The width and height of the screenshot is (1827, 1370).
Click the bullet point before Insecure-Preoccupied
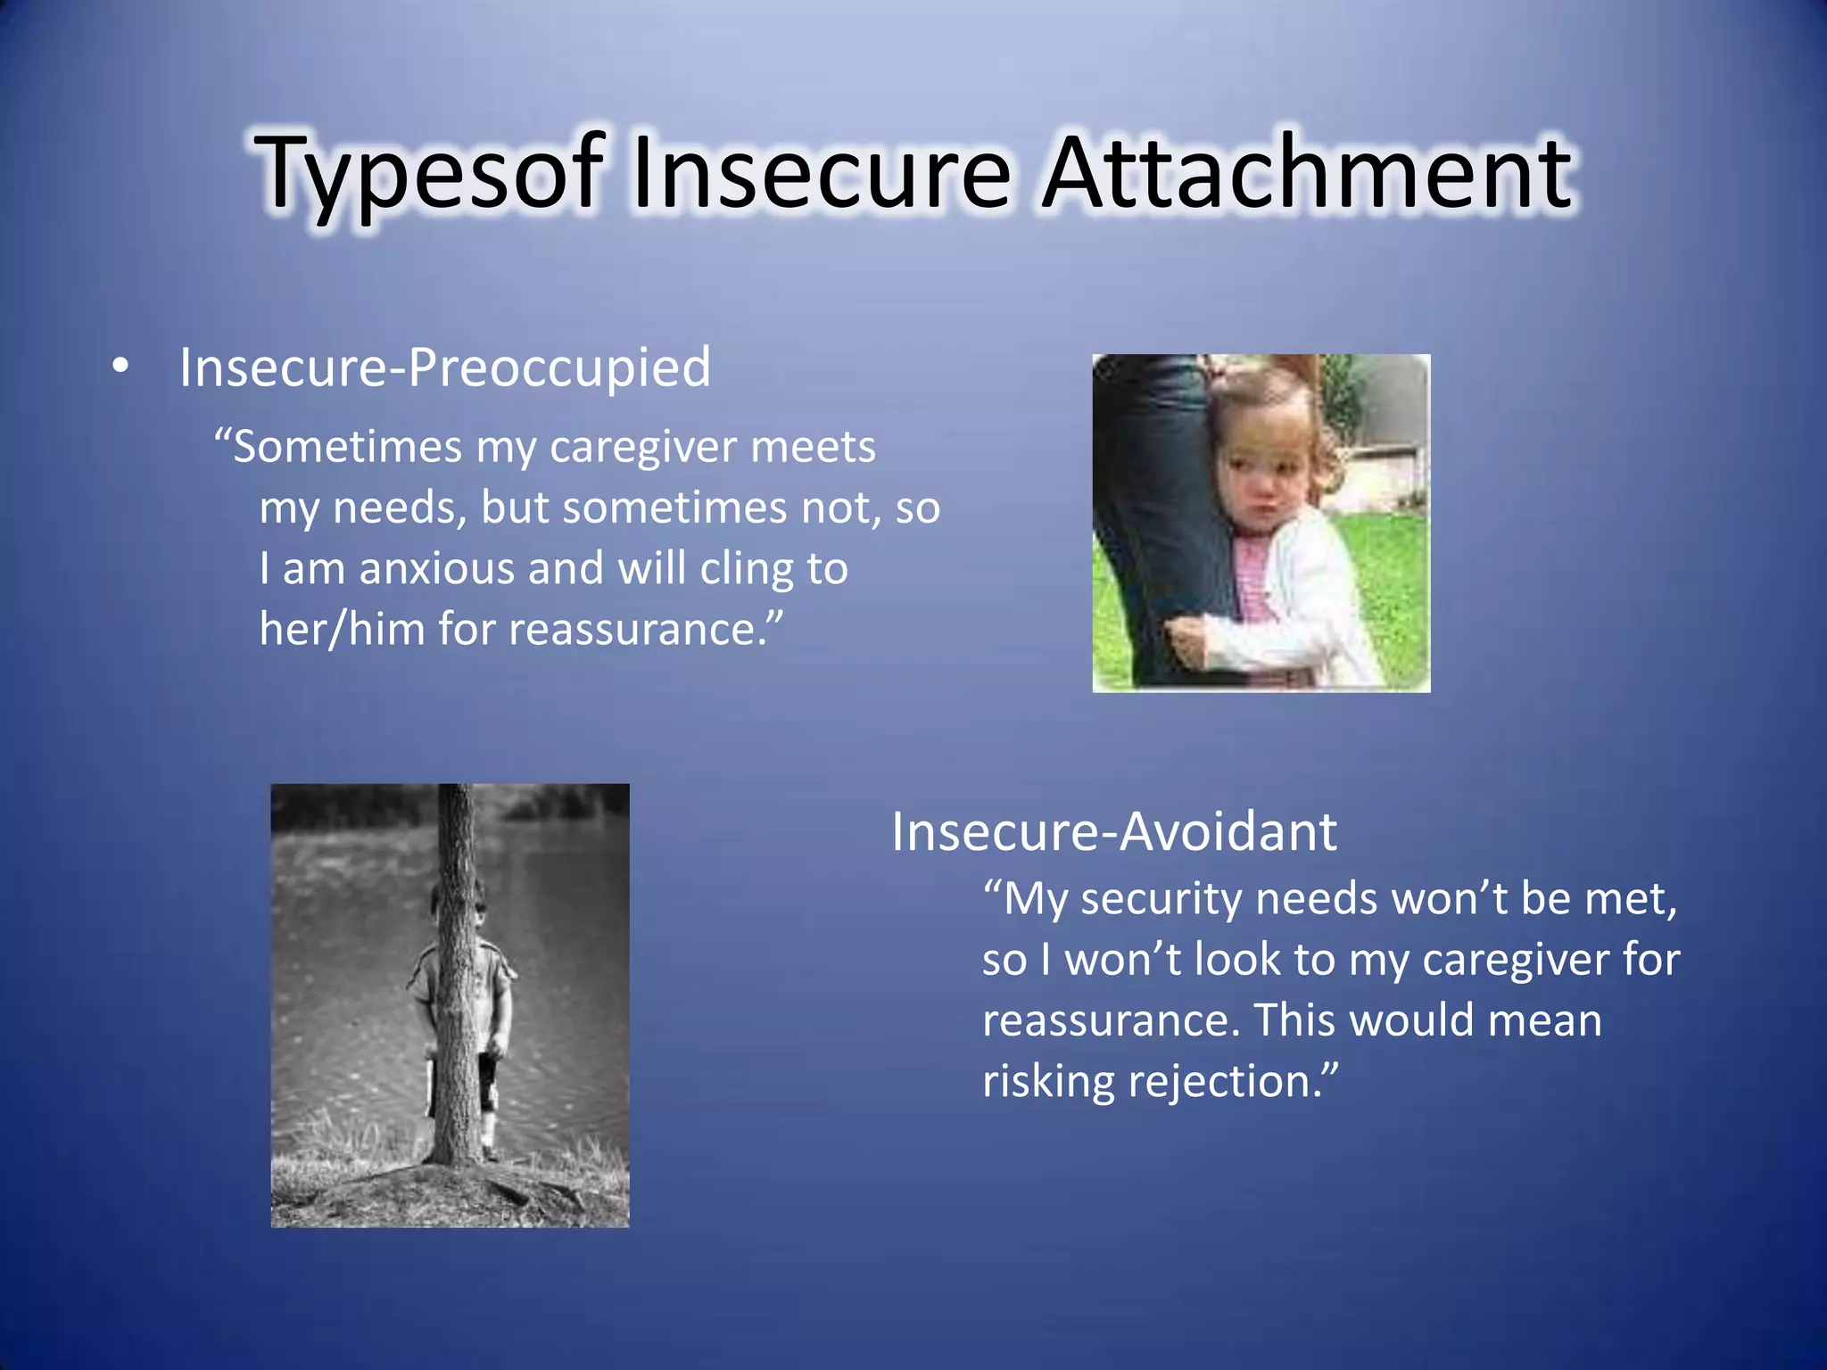[121, 366]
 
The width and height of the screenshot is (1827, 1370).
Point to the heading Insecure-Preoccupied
[444, 367]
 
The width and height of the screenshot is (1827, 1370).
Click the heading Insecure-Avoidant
[1113, 831]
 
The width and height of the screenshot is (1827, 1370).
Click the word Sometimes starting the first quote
[348, 447]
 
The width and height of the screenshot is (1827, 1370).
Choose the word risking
[1048, 1082]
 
